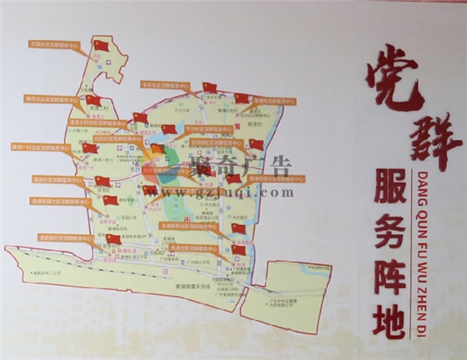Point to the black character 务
pos(389,224)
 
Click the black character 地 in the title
pos(389,313)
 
